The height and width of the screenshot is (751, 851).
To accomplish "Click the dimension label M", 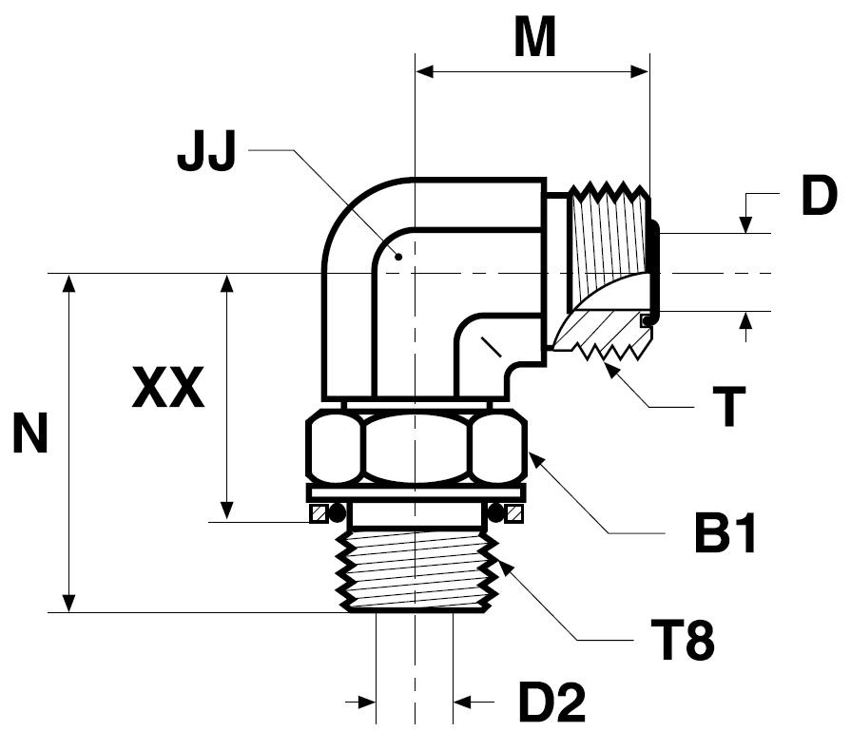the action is [535, 37].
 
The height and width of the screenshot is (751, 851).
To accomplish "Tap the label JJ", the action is [206, 150].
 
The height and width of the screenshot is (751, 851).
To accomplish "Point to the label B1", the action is [725, 533].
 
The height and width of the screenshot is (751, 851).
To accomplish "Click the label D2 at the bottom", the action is [551, 703].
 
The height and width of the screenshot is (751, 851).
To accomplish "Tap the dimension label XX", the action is [168, 388].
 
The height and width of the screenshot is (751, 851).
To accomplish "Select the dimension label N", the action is [30, 433].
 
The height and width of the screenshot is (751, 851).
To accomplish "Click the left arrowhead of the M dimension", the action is [424, 71].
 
